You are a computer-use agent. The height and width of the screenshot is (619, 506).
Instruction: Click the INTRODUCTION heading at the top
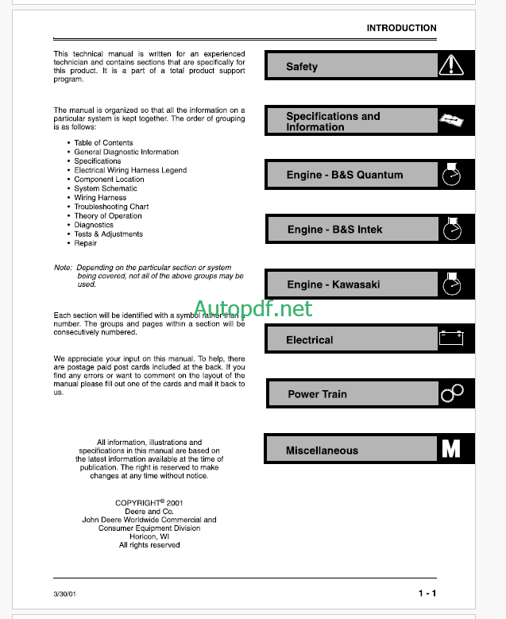[x=401, y=28]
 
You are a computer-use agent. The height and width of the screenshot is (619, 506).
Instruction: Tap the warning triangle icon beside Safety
[x=450, y=65]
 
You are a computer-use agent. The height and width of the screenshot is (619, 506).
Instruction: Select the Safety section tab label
[x=302, y=67]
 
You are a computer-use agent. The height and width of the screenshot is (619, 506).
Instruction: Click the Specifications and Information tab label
[x=333, y=122]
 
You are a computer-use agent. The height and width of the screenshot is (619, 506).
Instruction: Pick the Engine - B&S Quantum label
[x=345, y=175]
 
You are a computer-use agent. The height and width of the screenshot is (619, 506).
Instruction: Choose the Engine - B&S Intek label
[x=334, y=230]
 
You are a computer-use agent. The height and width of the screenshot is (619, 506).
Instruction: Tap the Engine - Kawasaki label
[x=334, y=284]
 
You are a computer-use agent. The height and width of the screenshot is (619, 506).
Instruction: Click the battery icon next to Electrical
[x=450, y=339]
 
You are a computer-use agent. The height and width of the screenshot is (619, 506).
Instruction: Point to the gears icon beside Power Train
[x=451, y=393]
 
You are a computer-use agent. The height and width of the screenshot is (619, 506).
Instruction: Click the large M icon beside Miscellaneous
[x=450, y=449]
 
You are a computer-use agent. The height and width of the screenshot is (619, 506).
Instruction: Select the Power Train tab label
[x=317, y=394]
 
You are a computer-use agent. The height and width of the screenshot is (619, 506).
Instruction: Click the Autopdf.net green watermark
[x=253, y=308]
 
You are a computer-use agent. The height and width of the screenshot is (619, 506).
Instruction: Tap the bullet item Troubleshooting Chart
[x=111, y=207]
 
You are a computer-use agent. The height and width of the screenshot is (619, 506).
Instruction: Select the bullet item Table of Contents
[x=103, y=143]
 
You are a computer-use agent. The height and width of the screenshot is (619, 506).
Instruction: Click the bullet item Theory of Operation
[x=108, y=216]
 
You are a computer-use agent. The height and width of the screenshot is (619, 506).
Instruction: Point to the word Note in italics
[x=63, y=268]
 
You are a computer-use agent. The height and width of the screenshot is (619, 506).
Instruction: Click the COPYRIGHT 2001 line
[x=149, y=503]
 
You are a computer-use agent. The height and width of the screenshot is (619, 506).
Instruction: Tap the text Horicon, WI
[x=149, y=536]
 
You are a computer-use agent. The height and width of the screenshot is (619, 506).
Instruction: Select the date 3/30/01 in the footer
[x=65, y=594]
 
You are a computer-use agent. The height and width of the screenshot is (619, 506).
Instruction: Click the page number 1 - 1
[x=427, y=594]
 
